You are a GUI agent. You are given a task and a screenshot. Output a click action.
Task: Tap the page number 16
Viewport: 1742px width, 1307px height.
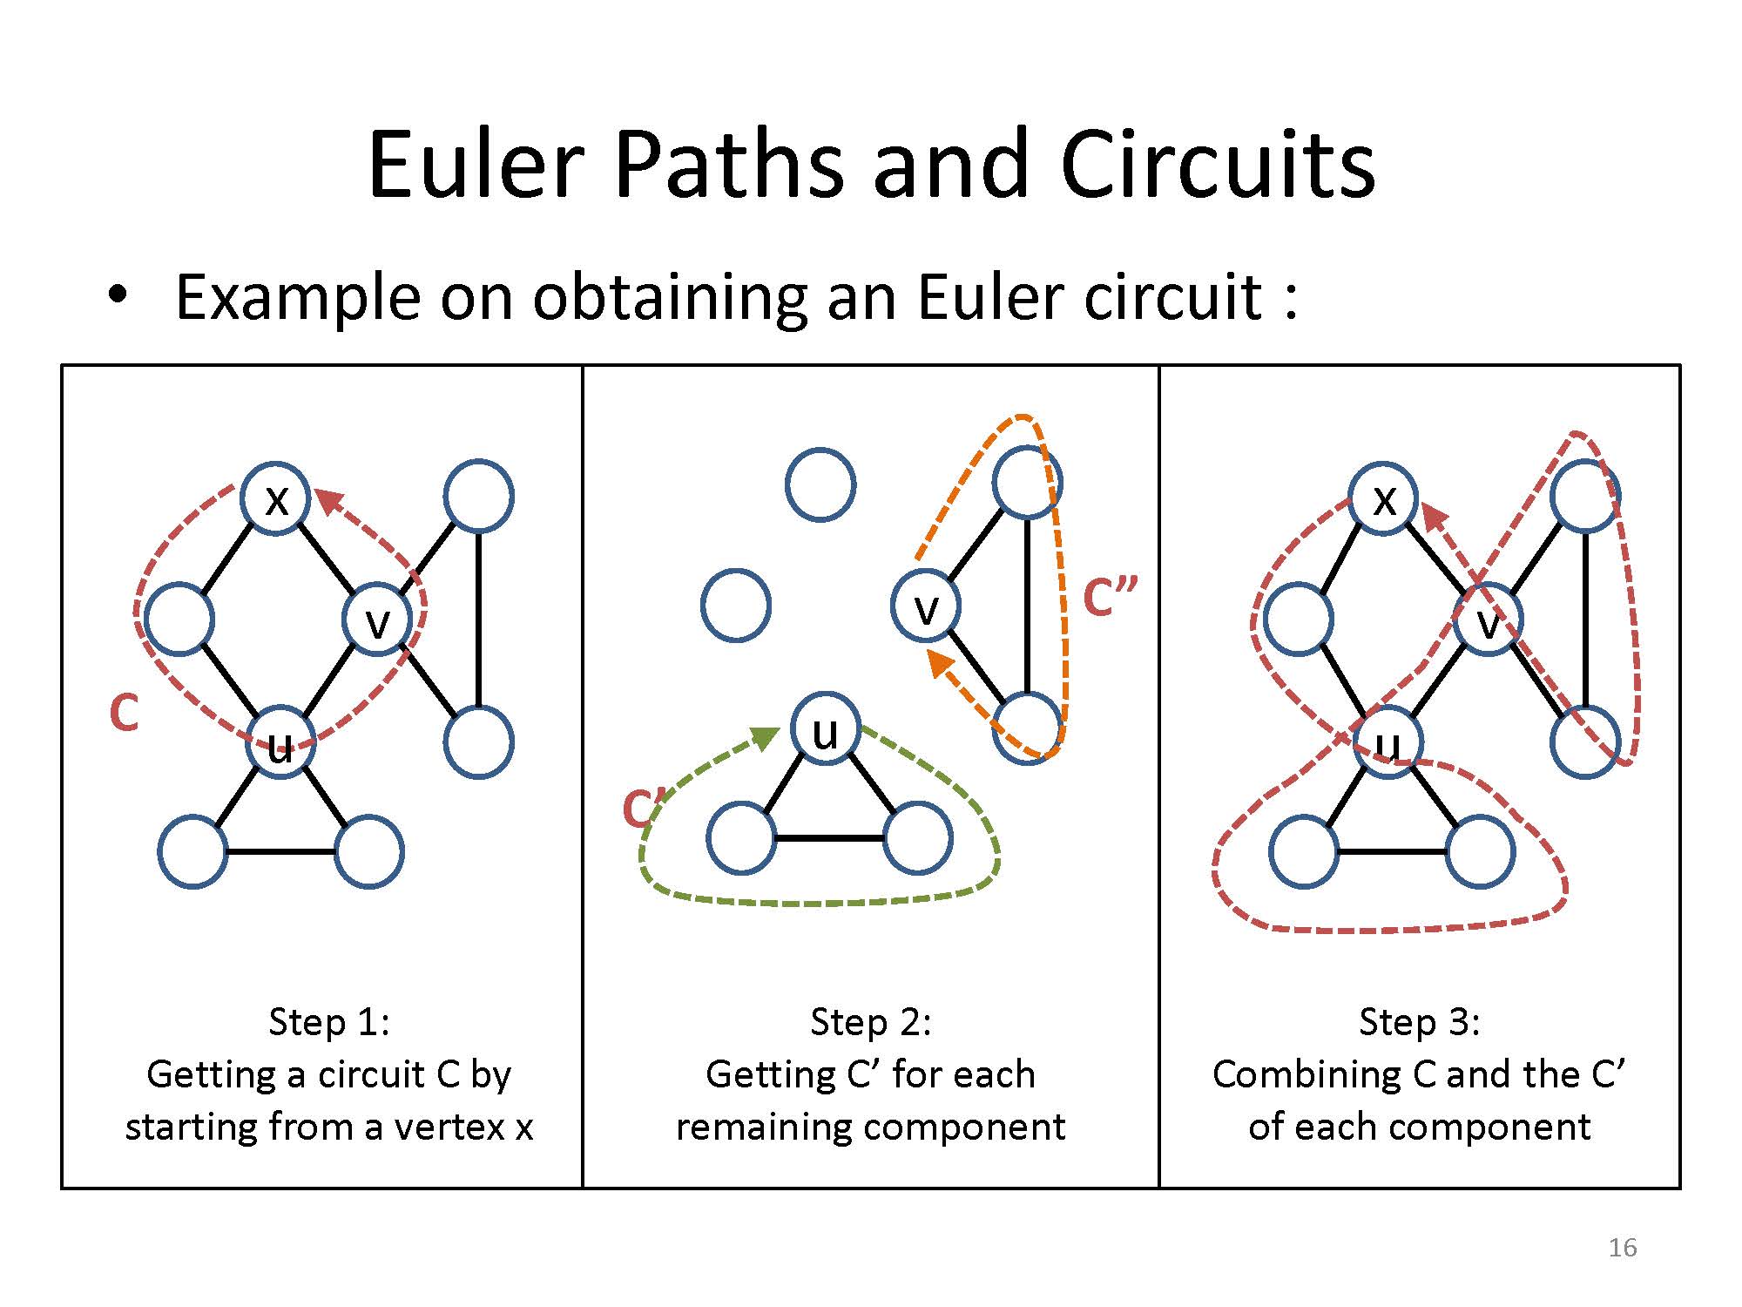click(1622, 1248)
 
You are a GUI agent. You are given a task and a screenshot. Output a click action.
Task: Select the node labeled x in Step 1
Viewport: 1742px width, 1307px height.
click(276, 498)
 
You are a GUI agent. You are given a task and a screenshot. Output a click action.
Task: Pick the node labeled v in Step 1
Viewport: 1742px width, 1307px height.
click(377, 620)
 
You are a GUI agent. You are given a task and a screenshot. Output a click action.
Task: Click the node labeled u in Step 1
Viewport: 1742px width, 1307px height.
click(280, 743)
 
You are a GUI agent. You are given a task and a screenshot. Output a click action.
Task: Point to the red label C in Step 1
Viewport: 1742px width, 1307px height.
click(124, 713)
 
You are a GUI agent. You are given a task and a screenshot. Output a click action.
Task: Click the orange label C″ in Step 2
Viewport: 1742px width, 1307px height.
click(1110, 597)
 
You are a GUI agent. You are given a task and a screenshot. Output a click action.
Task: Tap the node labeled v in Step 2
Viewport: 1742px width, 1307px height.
click(926, 606)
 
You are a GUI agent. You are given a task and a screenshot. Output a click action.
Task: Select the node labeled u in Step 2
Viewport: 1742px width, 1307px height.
click(825, 729)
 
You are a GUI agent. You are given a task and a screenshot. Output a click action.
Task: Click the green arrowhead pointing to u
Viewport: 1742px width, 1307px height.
click(765, 738)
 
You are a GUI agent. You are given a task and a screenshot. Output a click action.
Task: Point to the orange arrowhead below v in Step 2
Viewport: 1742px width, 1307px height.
click(940, 664)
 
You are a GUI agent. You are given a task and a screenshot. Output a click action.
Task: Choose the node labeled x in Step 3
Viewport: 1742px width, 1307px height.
click(1383, 498)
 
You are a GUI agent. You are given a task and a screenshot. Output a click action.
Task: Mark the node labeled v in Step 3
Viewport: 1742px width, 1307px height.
click(1489, 620)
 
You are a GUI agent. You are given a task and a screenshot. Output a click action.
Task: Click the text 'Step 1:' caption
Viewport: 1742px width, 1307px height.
click(329, 1021)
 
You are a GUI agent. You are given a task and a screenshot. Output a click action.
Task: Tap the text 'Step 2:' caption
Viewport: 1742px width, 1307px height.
click(871, 1021)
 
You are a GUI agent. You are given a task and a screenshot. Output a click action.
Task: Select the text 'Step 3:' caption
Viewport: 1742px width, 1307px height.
click(1420, 1021)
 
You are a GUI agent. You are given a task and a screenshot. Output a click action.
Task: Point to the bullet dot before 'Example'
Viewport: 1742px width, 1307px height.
click(117, 295)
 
